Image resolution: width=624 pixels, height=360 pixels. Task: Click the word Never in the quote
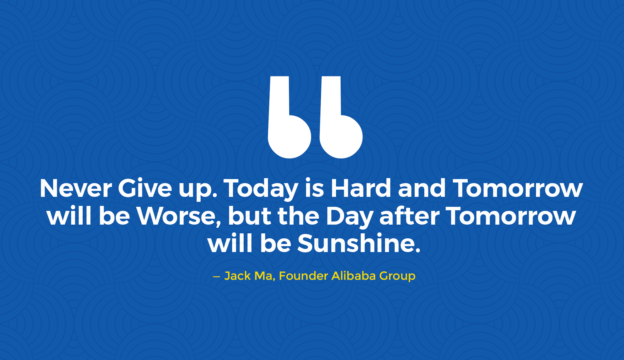76,188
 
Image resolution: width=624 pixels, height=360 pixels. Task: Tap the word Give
145,188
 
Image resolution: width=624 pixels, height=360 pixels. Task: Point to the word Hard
361,188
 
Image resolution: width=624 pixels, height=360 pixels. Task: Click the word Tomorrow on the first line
518,188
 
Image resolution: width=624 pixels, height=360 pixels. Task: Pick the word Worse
179,216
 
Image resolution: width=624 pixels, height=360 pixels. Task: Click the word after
409,216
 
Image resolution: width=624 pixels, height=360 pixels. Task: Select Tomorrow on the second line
510,216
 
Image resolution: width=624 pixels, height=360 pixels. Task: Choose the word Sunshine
359,243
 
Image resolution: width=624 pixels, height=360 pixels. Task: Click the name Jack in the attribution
237,276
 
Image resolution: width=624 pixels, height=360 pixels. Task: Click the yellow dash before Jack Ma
217,277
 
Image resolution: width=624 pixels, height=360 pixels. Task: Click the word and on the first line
422,188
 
